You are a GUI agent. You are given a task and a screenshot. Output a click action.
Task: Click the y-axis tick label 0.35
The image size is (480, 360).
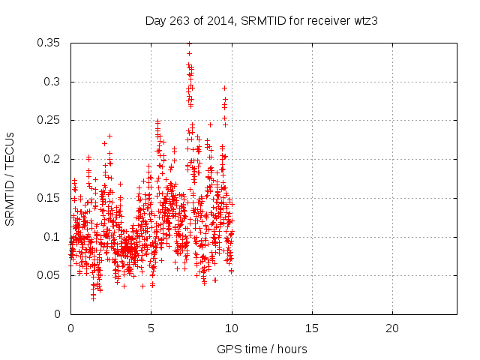[x=50, y=43]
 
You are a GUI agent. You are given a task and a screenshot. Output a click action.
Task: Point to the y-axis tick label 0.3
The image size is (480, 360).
[x=53, y=82]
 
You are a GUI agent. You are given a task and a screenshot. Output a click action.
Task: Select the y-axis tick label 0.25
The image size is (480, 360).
[x=50, y=120]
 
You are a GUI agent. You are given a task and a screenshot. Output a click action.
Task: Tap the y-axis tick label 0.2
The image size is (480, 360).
[x=53, y=159]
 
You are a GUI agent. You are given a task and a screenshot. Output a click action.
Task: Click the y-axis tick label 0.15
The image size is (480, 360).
[x=50, y=198]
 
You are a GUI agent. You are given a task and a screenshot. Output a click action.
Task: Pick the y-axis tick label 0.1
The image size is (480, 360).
[x=53, y=237]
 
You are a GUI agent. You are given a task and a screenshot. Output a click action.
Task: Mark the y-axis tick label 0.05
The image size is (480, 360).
[x=50, y=275]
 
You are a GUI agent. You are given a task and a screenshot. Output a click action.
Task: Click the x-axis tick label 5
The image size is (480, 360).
[x=151, y=328]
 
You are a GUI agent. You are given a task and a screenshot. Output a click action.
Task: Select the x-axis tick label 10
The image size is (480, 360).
[x=231, y=328]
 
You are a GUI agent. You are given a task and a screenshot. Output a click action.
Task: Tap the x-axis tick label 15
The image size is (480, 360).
[x=311, y=328]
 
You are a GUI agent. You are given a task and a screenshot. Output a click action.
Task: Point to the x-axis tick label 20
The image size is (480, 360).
[x=391, y=328]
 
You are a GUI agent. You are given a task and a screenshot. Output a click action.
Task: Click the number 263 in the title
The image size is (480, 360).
[x=180, y=20]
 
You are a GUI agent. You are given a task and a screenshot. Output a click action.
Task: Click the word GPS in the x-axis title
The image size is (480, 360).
[x=228, y=349]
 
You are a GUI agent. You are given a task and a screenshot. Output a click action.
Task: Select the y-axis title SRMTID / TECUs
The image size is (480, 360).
[x=10, y=178]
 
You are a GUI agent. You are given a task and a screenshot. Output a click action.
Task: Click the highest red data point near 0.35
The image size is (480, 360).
[x=189, y=43]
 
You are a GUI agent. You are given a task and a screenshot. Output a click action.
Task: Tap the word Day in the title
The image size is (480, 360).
[x=155, y=20]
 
